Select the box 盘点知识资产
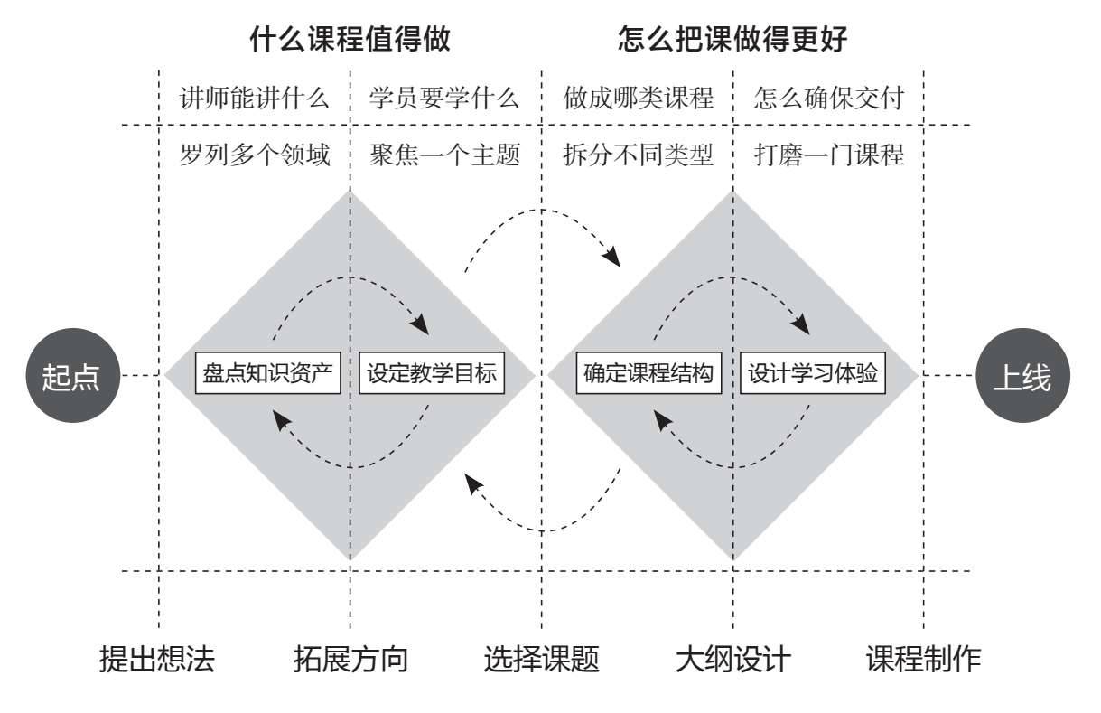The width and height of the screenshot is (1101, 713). point(268,374)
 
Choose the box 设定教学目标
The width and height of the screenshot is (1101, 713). point(433,374)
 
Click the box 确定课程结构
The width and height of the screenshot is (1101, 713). point(649,374)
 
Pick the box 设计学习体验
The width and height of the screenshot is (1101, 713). point(813,374)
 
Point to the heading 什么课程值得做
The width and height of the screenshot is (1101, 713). point(350,41)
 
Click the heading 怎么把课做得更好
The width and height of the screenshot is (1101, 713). point(732,41)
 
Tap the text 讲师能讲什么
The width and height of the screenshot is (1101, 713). point(255,99)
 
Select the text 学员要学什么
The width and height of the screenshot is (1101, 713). point(444,99)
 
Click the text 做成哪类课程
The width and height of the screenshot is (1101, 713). point(638,99)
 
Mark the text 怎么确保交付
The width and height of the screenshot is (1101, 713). point(828,99)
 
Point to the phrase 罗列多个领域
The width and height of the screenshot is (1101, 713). point(255,155)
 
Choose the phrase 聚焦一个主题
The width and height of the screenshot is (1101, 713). point(444,155)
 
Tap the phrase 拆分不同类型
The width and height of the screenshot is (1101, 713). point(638,155)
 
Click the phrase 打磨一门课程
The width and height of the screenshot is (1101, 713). point(828,155)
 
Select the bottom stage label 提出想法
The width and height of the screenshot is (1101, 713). point(157,659)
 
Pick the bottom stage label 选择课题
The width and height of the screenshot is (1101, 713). point(542,659)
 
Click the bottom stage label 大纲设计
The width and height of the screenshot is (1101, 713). point(732,659)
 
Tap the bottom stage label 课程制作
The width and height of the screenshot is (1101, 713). point(923,659)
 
